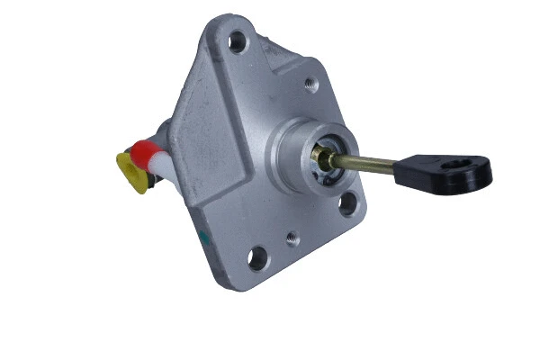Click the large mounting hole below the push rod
347,204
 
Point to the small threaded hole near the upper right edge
310,85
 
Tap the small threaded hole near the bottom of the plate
292,239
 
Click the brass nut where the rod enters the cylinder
322,159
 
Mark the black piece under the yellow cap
148,184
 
